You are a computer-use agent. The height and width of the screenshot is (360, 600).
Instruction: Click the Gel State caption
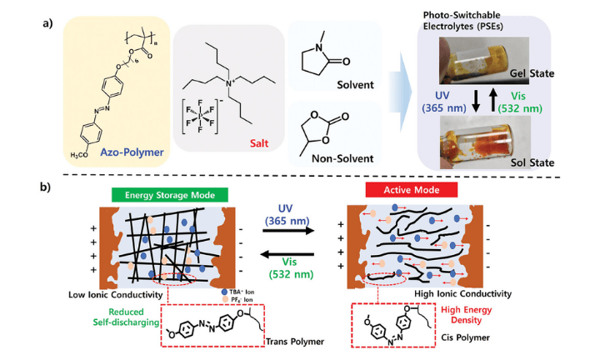click(x=540, y=74)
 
